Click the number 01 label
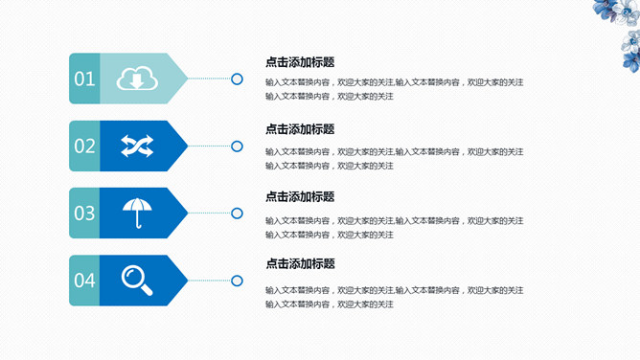tap(84, 79)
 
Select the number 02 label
tap(84, 146)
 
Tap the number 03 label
tap(84, 214)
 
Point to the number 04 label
tap(84, 281)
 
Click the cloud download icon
tap(136, 79)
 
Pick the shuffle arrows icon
tap(136, 146)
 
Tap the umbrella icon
tap(136, 213)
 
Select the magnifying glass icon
tap(136, 280)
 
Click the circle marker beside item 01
tap(237, 79)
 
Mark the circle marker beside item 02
tap(237, 146)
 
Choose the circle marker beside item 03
tap(237, 213)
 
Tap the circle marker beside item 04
tap(237, 280)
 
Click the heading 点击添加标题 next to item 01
tap(300, 62)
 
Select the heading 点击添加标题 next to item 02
tap(300, 129)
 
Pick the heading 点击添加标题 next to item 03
tap(300, 197)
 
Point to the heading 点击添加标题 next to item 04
tap(300, 264)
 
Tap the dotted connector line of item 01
tap(209, 79)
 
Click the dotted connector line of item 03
tap(209, 213)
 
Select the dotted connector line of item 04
tap(209, 280)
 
